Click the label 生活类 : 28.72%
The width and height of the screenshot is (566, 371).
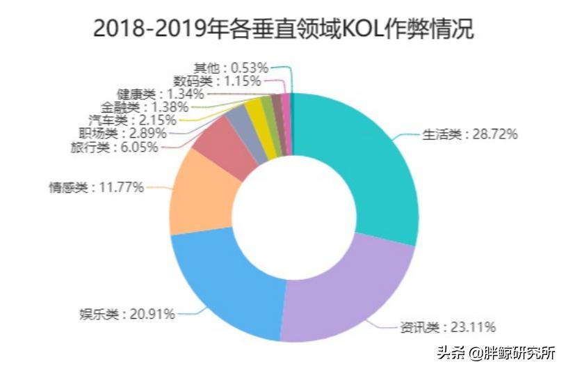point(470,134)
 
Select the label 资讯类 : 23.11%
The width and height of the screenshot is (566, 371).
point(447,327)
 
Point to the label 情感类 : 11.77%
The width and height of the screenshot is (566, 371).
point(96,187)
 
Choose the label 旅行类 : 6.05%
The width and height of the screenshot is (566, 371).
point(114,147)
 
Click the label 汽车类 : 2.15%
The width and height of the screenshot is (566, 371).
point(127,120)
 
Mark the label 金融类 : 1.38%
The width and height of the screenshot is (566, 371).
point(144,107)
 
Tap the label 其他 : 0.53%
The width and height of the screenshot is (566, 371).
point(230,68)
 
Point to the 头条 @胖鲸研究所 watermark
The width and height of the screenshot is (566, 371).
point(496,353)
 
